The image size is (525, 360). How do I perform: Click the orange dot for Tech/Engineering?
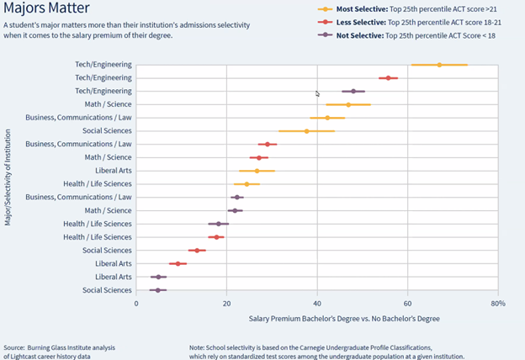coord(439,65)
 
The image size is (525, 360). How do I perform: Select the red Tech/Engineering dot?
coord(388,77)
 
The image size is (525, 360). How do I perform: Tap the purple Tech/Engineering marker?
coord(353,91)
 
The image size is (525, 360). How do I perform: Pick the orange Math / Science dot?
coord(348,104)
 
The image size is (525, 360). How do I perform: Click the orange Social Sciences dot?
coord(307,131)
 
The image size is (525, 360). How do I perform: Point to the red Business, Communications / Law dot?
coord(268,144)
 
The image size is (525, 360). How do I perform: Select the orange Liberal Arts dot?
coord(257,171)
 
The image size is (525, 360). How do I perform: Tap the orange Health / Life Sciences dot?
coord(247,183)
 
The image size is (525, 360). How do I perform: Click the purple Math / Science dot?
coord(236,210)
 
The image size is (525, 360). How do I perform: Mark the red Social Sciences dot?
coord(197,250)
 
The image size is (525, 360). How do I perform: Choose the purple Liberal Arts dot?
coord(158,277)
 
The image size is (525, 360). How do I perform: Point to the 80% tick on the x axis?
coord(497,304)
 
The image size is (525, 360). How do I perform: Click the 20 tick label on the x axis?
coord(226,304)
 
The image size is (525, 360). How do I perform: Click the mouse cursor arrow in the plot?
coord(318,94)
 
